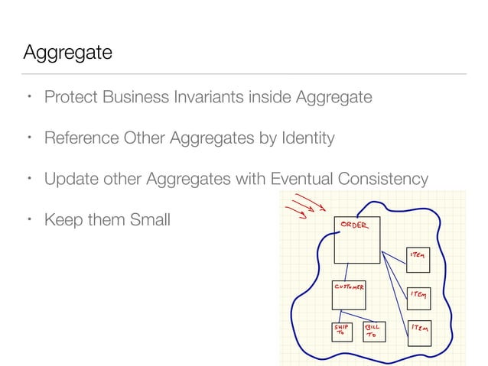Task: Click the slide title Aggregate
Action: (x=68, y=53)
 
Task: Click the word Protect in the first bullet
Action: (x=70, y=98)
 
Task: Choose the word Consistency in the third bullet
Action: (x=380, y=179)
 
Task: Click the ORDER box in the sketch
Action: (x=357, y=241)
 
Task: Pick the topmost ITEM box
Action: (x=418, y=260)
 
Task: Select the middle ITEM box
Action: (x=418, y=298)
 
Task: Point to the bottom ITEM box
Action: (x=419, y=333)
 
